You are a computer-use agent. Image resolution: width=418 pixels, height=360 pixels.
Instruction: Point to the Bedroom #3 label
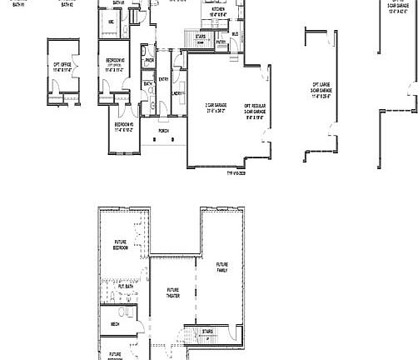click(123, 127)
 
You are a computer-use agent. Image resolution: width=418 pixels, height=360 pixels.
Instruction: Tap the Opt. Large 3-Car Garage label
click(321, 90)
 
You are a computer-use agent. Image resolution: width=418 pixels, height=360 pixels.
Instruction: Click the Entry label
click(163, 79)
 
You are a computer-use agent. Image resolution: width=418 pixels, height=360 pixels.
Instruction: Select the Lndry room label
click(177, 93)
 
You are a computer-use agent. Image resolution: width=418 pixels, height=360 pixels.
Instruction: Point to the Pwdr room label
click(149, 60)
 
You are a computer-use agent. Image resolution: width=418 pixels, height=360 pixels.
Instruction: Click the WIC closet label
click(111, 22)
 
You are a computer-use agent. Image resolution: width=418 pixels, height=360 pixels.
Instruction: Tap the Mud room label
click(235, 34)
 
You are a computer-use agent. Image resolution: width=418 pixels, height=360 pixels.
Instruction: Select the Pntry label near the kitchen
click(221, 42)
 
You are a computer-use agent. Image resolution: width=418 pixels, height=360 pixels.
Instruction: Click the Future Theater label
click(172, 292)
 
